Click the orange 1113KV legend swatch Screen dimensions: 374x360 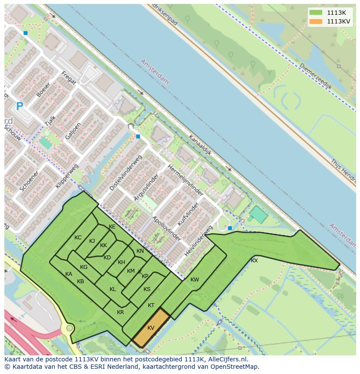(316, 21)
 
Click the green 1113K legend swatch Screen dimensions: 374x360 (316, 13)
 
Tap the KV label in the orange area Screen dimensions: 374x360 (151, 328)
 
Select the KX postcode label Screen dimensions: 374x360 (254, 261)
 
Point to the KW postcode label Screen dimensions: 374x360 (194, 280)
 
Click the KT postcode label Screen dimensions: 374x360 (151, 305)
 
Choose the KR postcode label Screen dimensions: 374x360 (120, 312)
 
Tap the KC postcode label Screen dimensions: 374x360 (78, 238)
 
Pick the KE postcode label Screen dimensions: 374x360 (112, 227)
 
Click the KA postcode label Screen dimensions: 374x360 (69, 274)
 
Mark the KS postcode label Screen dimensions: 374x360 (147, 289)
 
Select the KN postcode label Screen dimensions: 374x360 (140, 251)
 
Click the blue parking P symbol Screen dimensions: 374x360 (19, 106)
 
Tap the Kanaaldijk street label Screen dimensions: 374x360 (200, 145)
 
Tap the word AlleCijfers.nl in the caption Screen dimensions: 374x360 (226, 360)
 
